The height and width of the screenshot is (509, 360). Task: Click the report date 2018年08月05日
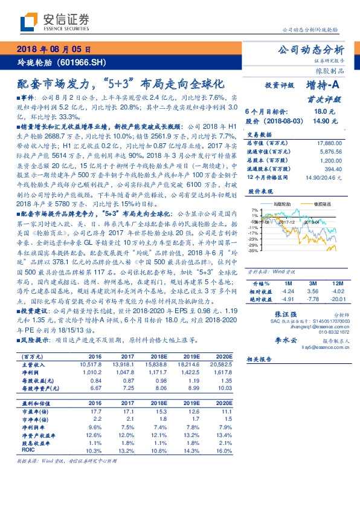(x=54, y=49)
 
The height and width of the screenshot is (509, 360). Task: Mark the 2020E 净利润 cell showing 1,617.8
(x=220, y=373)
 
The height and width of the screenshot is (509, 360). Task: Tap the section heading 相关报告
(x=259, y=358)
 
